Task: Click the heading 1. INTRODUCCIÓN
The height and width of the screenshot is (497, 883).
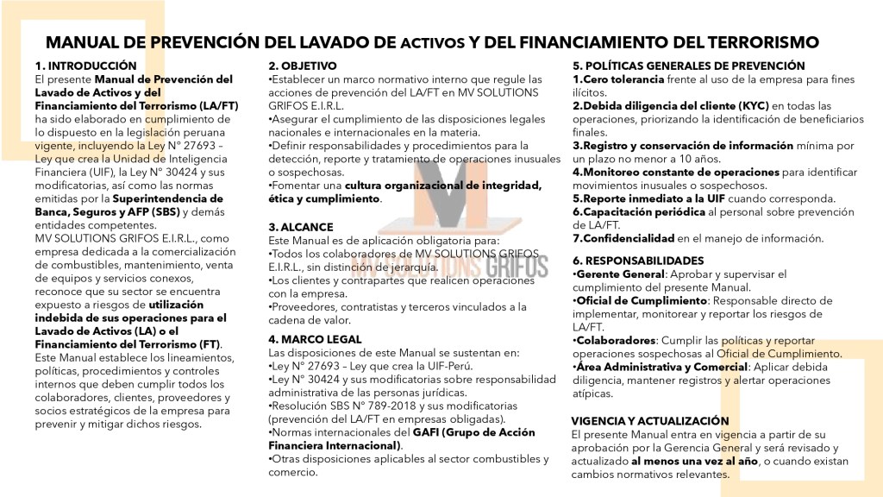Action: coord(85,66)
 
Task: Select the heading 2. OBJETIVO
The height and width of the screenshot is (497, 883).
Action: coord(303,66)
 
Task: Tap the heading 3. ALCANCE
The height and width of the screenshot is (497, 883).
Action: coord(302,227)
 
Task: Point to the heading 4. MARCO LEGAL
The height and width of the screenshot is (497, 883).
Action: coord(315,339)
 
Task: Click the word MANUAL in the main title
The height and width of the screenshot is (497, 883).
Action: coord(95,41)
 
